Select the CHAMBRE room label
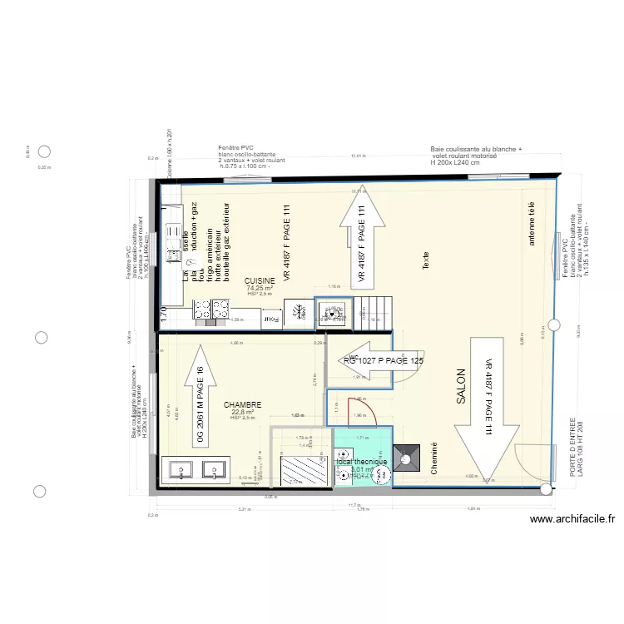coord(242,404)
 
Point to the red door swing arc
coord(375,411)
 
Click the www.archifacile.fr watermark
coord(573,520)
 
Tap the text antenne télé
coord(532,224)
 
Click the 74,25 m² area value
coord(260,288)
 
